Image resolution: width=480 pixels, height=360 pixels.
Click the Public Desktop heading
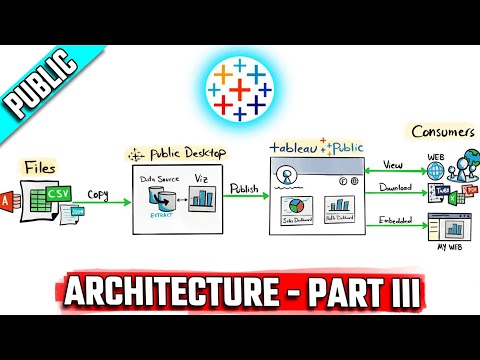177,154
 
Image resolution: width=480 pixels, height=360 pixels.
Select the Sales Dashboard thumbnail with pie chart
292,213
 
